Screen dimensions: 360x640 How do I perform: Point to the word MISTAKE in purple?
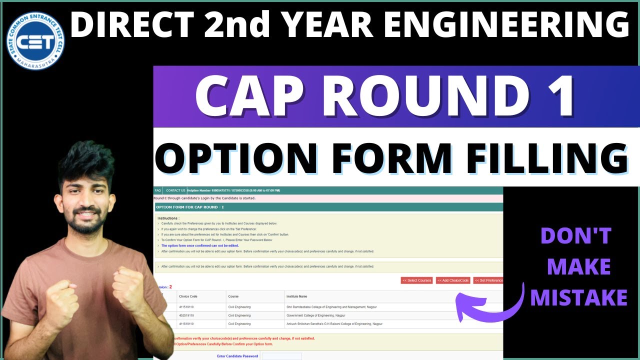pyautogui.click(x=578, y=297)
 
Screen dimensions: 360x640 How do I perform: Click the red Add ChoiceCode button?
pyautogui.click(x=453, y=280)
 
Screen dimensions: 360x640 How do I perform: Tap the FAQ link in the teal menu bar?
pyautogui.click(x=158, y=190)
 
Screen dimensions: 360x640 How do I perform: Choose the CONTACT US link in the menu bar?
pyautogui.click(x=175, y=190)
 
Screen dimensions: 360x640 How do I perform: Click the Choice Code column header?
pyautogui.click(x=188, y=296)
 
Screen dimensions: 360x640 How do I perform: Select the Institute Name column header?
pyautogui.click(x=296, y=296)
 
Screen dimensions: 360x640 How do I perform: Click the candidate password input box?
pyautogui.click(x=281, y=356)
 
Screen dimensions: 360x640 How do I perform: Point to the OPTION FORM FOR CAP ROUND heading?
pyautogui.click(x=189, y=207)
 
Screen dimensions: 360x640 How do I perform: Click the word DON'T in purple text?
pyautogui.click(x=576, y=236)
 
